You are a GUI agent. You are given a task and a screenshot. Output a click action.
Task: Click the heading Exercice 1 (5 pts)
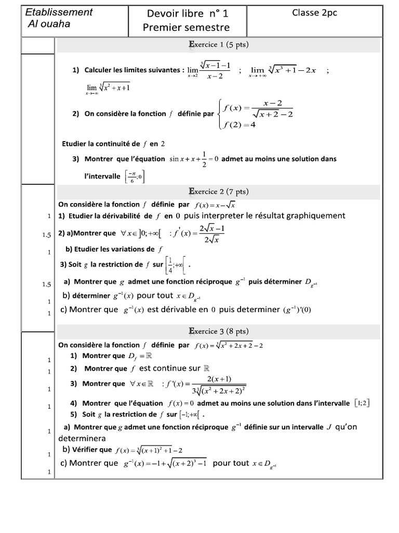(218, 45)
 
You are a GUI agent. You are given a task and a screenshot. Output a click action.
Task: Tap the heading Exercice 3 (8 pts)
(218, 331)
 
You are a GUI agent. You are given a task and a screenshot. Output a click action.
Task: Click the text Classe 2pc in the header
(315, 13)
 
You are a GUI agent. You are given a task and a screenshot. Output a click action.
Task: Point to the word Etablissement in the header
(59, 12)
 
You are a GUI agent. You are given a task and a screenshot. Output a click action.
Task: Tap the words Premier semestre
(187, 28)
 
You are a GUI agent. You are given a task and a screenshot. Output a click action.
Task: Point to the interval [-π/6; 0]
(134, 177)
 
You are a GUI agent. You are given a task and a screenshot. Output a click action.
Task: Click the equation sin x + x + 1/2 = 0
(194, 158)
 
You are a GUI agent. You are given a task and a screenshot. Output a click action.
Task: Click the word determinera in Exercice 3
(82, 438)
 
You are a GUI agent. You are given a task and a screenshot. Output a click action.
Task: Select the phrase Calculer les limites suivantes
(134, 70)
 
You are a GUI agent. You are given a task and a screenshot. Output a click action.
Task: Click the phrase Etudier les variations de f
(114, 249)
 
